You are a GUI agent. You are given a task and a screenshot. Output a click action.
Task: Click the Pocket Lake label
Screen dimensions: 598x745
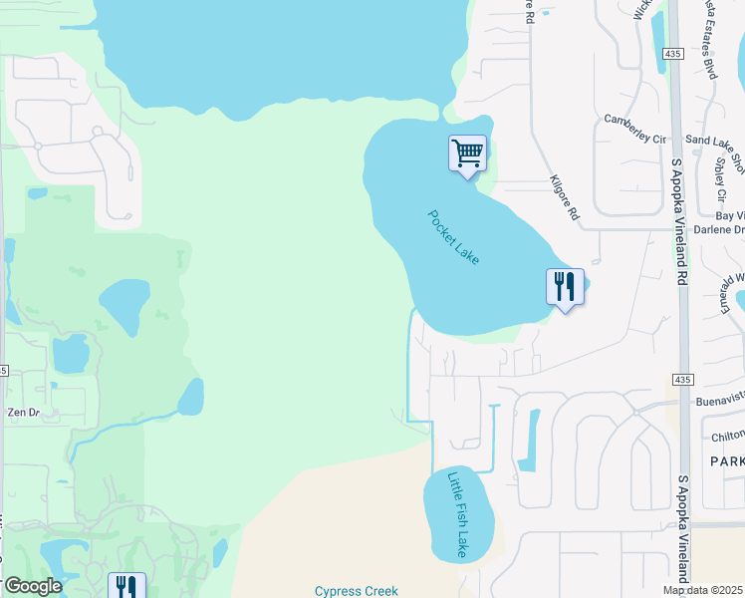[x=454, y=237]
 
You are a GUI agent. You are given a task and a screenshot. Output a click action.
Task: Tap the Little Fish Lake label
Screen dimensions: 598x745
[x=457, y=514]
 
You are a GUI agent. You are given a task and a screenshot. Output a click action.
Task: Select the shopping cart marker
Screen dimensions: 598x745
[x=467, y=154]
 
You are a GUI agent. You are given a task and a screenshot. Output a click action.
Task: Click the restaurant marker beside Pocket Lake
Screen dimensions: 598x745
[x=565, y=288]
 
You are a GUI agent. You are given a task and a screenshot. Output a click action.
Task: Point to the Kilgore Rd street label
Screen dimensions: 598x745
[x=564, y=197]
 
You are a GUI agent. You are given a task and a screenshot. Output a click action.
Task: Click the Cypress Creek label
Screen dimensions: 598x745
[x=356, y=591]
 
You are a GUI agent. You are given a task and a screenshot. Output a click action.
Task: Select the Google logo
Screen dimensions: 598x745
[x=32, y=586]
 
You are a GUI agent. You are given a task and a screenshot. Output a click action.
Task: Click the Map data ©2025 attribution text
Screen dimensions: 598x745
[x=702, y=591]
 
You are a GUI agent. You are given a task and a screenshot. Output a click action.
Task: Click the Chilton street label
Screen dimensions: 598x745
[x=728, y=437]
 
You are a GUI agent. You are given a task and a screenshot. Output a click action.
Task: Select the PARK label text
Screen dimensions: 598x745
[x=726, y=461]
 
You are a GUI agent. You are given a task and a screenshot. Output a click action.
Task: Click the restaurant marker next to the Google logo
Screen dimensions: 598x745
[x=126, y=586]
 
